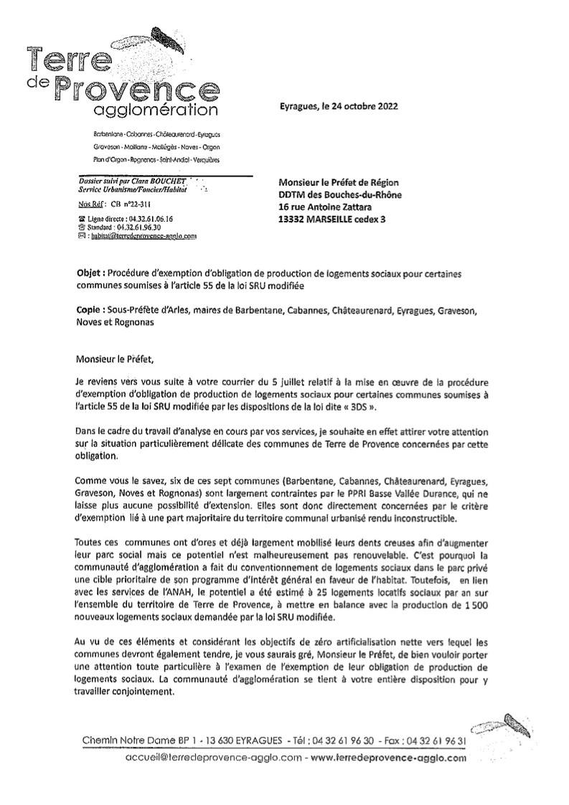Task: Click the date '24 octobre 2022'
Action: [x=358, y=105]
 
